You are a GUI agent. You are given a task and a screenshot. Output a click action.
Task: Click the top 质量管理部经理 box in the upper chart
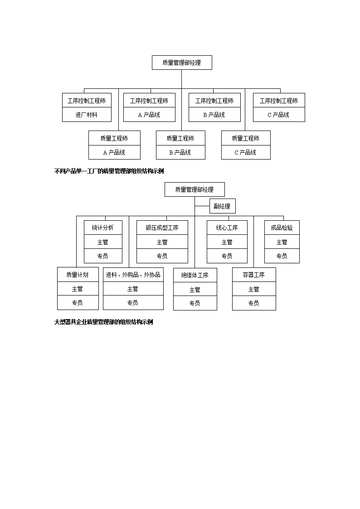click(182, 63)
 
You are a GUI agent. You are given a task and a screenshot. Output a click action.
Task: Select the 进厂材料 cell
click(87, 115)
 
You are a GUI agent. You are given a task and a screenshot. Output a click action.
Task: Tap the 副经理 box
click(222, 206)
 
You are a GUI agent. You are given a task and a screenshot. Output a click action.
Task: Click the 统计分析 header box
click(103, 228)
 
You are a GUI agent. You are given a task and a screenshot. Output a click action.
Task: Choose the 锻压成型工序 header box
click(162, 228)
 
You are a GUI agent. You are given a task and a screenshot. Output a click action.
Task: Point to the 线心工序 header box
click(227, 228)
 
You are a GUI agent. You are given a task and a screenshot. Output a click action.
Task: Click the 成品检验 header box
click(282, 228)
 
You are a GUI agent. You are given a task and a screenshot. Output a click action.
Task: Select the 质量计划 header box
click(78, 275)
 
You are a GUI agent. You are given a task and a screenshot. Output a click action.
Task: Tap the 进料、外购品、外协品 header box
click(133, 275)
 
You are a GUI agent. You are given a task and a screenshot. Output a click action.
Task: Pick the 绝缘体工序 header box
click(195, 275)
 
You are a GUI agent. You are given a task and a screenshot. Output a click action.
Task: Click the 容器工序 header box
click(254, 275)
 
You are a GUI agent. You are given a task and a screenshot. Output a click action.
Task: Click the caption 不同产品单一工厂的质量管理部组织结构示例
click(109, 171)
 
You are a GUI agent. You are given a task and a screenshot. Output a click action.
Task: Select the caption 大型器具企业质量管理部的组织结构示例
click(103, 322)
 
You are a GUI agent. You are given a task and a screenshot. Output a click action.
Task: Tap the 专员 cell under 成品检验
click(282, 256)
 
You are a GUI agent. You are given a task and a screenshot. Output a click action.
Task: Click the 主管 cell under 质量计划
click(78, 289)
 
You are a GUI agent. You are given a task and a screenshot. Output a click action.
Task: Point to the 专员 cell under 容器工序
click(254, 303)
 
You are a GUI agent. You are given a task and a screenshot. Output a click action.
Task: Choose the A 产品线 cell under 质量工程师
click(114, 152)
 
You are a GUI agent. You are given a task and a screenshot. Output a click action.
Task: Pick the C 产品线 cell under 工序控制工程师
click(279, 115)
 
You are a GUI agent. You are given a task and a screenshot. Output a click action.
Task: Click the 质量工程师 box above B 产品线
click(180, 138)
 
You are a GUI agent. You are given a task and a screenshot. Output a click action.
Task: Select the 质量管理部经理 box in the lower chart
click(195, 189)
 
